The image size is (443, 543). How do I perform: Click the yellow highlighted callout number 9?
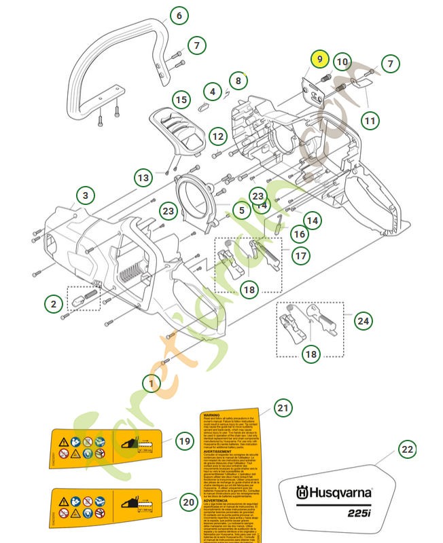320,60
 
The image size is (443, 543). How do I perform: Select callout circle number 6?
179,16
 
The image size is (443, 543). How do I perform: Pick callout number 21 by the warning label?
283,408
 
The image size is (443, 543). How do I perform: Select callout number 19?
184,441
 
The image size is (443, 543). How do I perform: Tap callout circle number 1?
152,383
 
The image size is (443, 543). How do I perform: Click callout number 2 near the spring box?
54,304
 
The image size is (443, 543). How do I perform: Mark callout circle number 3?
85,196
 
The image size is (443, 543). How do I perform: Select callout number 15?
180,100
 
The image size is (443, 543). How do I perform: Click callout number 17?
300,256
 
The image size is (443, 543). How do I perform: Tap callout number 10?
342,62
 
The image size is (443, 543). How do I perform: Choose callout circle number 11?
369,121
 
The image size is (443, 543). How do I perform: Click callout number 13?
143,179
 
